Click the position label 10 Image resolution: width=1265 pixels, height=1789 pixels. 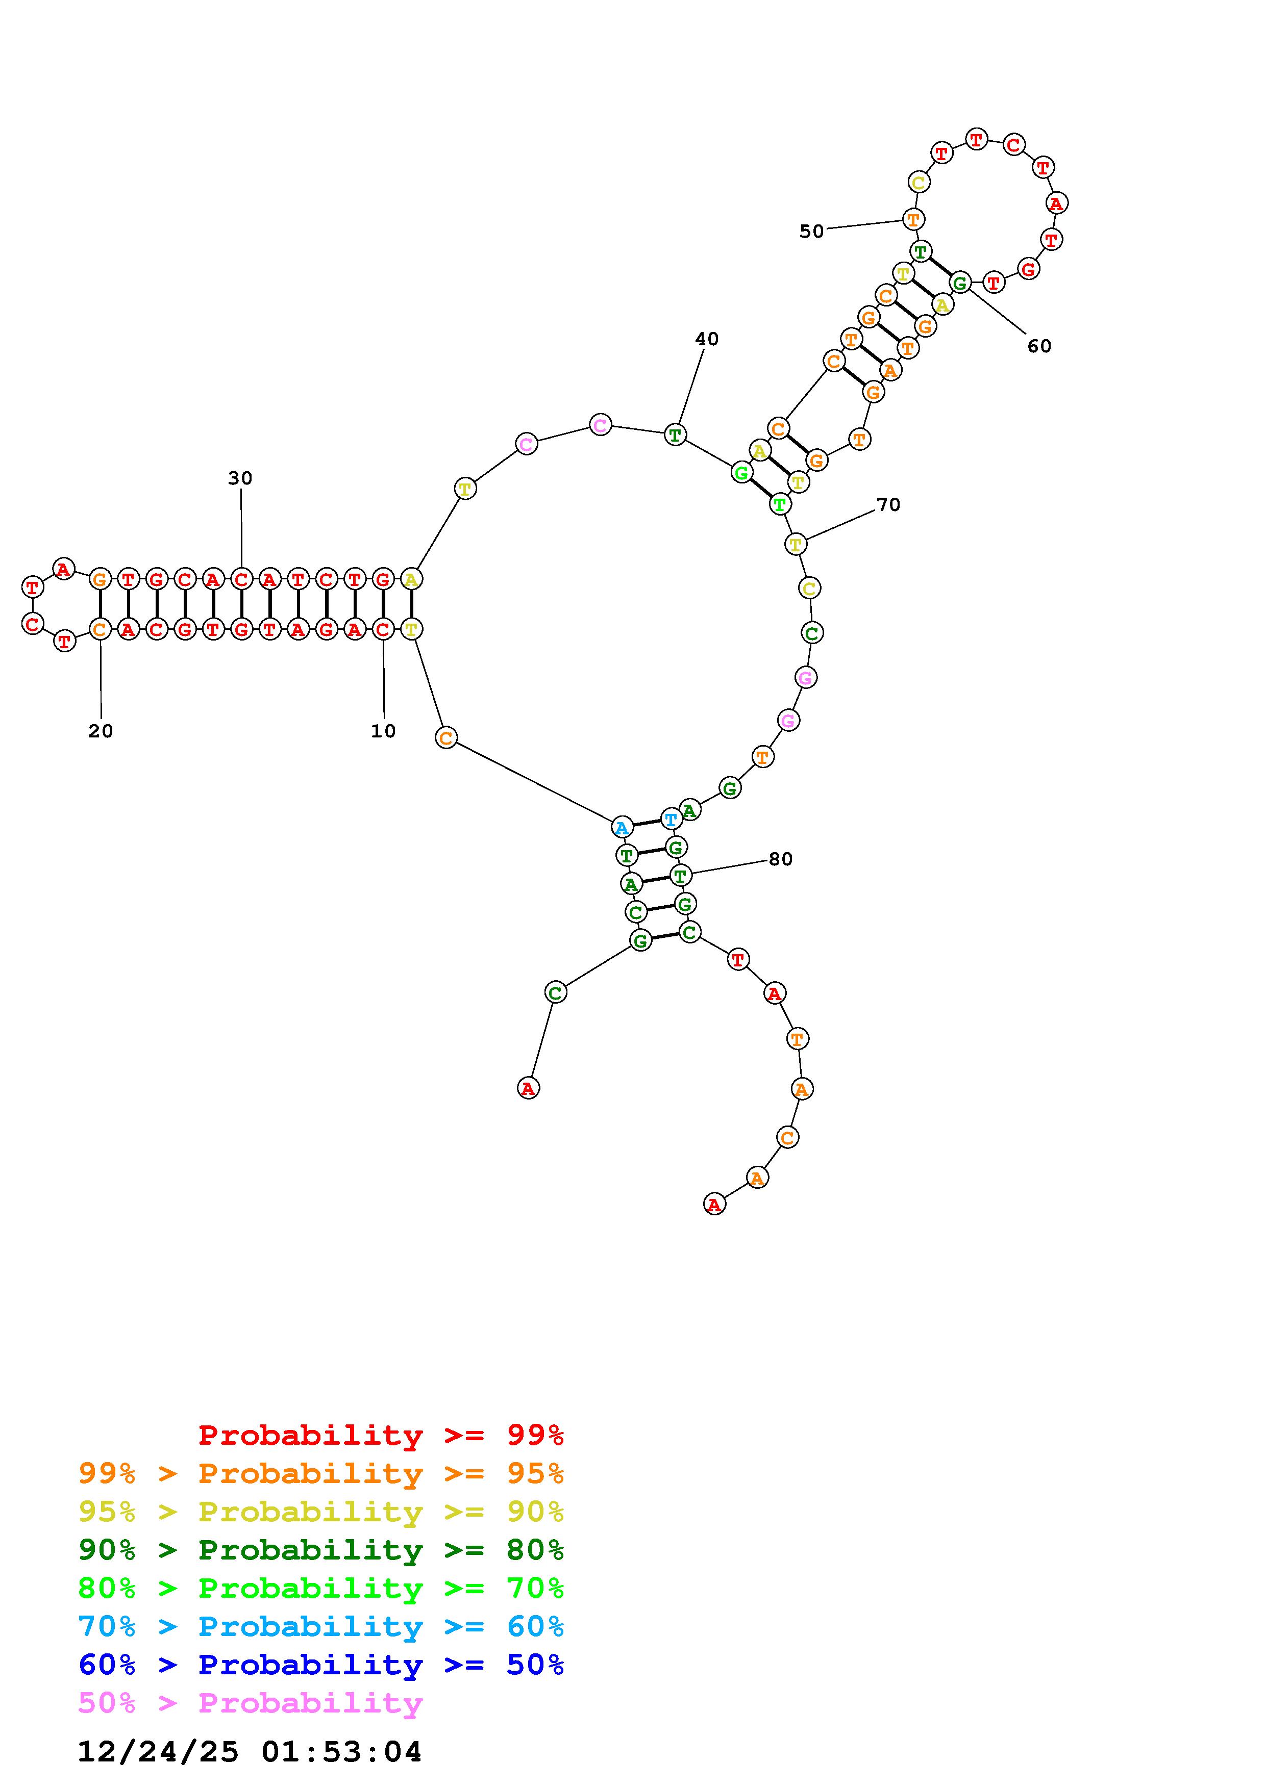383,731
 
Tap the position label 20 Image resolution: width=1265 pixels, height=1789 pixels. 101,731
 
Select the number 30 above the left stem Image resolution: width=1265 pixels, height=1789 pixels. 240,478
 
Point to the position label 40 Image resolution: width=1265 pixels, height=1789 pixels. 706,339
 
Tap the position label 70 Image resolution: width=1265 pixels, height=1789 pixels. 888,505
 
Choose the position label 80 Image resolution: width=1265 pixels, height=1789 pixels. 780,859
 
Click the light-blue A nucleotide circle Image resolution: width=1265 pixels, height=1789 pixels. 622,828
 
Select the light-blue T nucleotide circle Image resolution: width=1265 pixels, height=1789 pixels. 671,819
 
